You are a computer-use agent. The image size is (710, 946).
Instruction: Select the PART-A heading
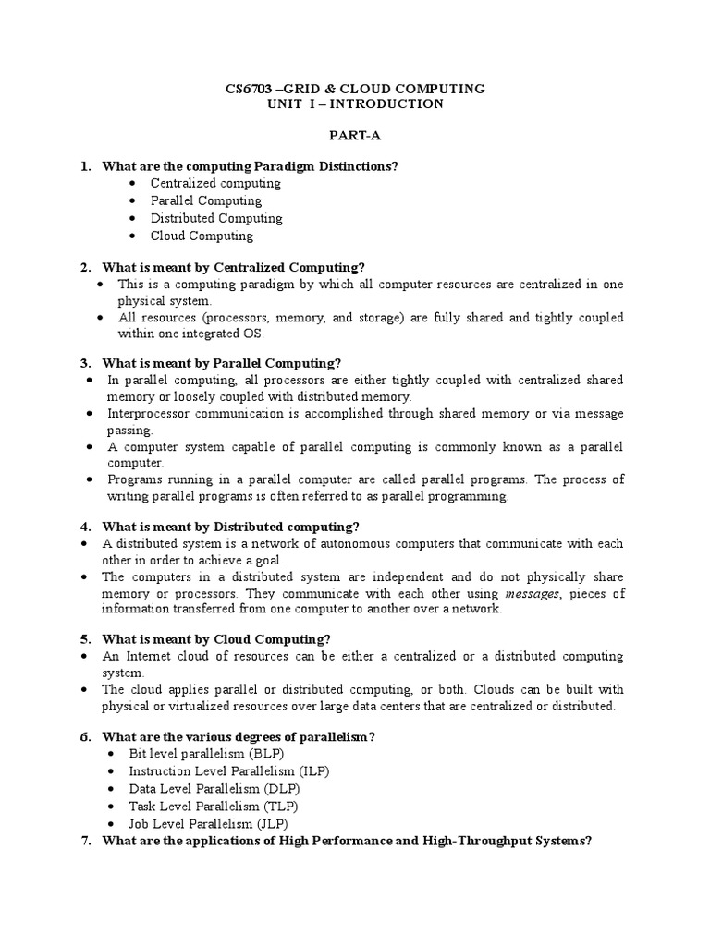pyautogui.click(x=355, y=135)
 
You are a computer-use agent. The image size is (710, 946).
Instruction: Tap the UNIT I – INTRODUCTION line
pyautogui.click(x=355, y=104)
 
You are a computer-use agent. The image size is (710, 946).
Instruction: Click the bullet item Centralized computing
pyautogui.click(x=215, y=184)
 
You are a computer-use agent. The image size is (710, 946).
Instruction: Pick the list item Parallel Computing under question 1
pyautogui.click(x=206, y=201)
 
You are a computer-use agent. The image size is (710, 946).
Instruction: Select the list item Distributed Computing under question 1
pyautogui.click(x=216, y=219)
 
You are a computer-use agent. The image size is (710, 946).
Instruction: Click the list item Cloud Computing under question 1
pyautogui.click(x=202, y=236)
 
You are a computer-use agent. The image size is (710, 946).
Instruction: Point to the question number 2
pyautogui.click(x=85, y=267)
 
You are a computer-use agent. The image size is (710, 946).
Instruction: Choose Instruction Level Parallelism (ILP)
pyautogui.click(x=228, y=771)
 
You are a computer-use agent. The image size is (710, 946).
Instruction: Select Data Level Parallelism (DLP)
pyautogui.click(x=214, y=789)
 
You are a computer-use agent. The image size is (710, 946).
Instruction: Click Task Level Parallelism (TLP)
pyautogui.click(x=214, y=807)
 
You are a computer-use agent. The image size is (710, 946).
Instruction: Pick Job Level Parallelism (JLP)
pyautogui.click(x=212, y=824)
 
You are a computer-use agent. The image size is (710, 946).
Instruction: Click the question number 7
pyautogui.click(x=85, y=841)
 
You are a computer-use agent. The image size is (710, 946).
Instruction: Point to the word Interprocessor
pyautogui.click(x=151, y=414)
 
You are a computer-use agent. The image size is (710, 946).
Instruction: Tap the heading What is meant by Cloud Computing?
pyautogui.click(x=216, y=639)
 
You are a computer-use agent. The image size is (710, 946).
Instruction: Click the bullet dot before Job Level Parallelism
pyautogui.click(x=111, y=824)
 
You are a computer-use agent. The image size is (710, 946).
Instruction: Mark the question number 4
pyautogui.click(x=85, y=527)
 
